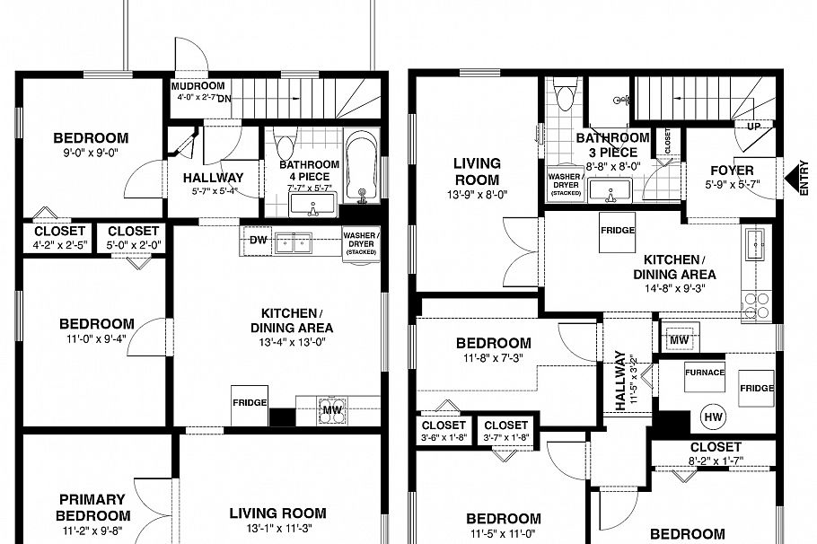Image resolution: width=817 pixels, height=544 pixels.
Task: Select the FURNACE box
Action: [x=705, y=373]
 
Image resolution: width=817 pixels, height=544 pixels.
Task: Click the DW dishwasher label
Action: [x=258, y=241]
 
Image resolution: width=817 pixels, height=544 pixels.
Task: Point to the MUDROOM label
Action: [x=197, y=86]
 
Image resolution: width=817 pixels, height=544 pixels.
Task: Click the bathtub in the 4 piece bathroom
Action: [x=363, y=167]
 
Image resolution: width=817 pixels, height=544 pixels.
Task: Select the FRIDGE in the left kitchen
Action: [x=250, y=402]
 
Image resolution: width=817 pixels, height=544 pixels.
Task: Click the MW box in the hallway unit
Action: [x=678, y=339]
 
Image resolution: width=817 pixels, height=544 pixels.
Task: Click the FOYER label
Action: [x=732, y=171]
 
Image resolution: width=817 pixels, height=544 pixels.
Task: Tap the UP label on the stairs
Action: [x=754, y=127]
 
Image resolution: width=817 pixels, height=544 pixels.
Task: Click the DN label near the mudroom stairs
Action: [x=224, y=100]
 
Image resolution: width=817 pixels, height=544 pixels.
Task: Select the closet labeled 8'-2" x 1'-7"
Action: [x=716, y=453]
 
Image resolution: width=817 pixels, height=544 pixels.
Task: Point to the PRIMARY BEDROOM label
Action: [x=92, y=507]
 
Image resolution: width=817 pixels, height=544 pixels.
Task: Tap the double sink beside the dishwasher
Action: [x=294, y=241]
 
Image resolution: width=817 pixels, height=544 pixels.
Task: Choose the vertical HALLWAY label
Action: [x=620, y=381]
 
